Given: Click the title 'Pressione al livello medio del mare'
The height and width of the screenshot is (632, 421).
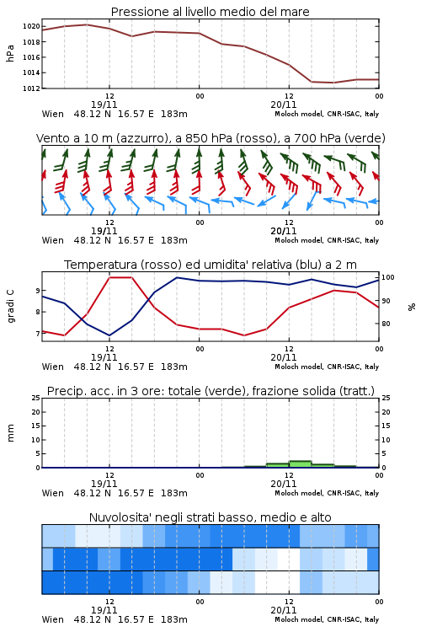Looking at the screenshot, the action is point(210,12).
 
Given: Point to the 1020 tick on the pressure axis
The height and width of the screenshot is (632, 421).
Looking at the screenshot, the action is point(31,27).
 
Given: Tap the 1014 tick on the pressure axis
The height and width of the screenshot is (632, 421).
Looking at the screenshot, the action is point(31,73).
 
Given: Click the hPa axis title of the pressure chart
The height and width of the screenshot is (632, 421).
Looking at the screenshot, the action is point(10,53).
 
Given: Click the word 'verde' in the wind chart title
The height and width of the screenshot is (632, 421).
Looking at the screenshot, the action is point(365,138).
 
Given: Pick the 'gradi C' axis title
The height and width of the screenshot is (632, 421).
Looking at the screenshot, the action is point(10,307).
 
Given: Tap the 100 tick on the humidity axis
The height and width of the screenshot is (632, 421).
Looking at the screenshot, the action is point(387,277).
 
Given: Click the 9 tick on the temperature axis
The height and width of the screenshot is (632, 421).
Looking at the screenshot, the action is point(38,291).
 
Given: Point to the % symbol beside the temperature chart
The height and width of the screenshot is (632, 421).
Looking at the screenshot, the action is point(412,307).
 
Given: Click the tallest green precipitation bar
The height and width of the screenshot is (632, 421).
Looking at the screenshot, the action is point(300,464).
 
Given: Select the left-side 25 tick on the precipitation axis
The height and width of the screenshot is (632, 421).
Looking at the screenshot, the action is point(36,399).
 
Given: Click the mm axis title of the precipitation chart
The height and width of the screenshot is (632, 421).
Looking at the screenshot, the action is point(10,433).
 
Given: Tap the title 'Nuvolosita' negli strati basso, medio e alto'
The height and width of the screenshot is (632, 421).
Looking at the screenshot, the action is point(210,517).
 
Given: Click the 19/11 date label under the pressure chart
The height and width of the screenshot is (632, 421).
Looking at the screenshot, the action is point(104,104).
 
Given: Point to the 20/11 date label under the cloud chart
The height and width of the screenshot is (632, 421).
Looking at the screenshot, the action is point(283,610).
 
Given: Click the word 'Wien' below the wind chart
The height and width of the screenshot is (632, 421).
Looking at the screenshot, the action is point(53,241).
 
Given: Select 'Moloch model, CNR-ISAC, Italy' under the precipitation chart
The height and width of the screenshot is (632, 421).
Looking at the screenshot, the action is point(327,493).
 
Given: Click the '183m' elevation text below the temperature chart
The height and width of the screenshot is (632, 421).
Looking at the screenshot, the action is point(174,367).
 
